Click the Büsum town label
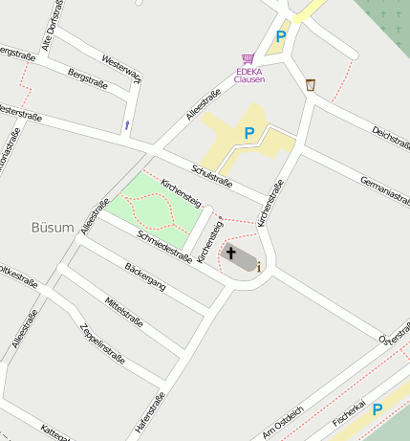point(53,227)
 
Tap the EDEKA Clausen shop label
point(249,75)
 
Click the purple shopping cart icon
point(248,59)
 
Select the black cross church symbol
point(231,253)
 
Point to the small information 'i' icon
point(258,267)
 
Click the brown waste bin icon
point(311,85)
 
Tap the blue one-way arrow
point(127,125)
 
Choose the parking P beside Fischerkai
point(378,409)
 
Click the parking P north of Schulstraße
point(249,134)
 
